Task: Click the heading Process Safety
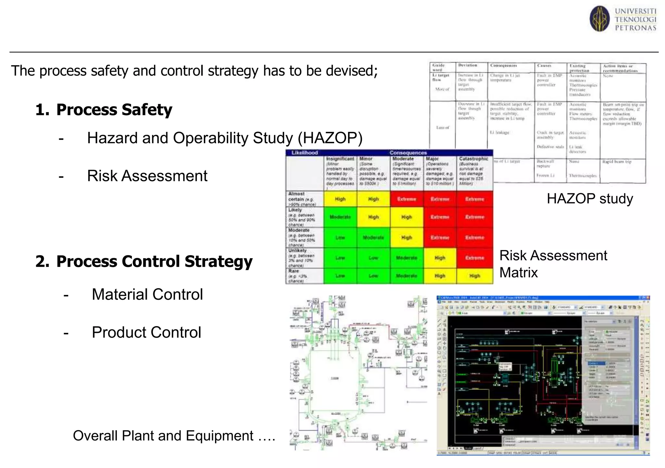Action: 114,110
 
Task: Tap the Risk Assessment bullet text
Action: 147,176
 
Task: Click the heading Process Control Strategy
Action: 154,261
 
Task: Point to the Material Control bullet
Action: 147,295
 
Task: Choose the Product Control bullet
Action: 146,333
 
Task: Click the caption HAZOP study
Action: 590,199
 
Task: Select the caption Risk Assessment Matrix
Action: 553,264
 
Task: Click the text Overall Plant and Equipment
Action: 174,436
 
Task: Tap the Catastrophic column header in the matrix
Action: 473,159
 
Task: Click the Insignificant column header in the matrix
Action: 340,159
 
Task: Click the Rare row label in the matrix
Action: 294,271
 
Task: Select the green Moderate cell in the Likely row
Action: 340,217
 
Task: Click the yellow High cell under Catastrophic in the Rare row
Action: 474,276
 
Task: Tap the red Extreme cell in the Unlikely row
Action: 474,258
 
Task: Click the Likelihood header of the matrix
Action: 305,153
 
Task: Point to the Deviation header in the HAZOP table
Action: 468,65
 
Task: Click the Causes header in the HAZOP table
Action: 544,65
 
